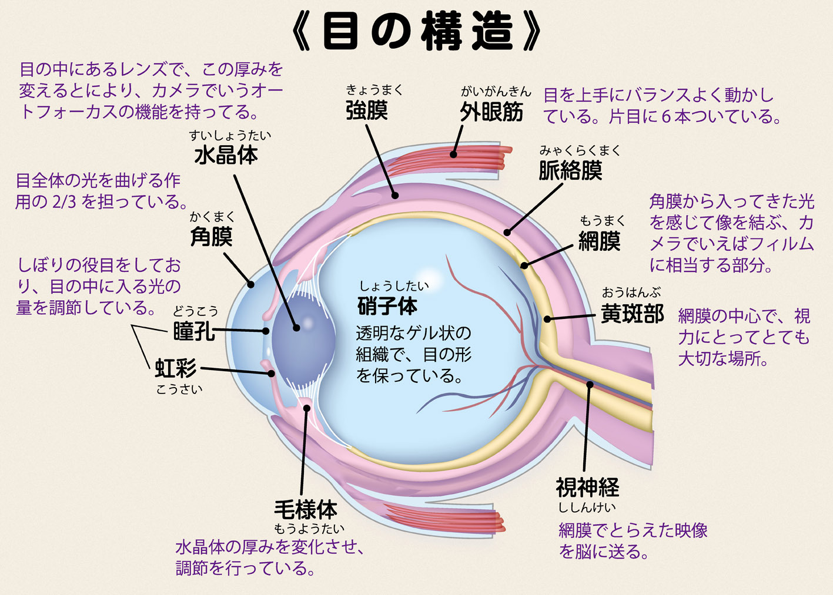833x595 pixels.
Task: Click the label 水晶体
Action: point(226,155)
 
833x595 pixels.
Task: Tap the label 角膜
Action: point(211,237)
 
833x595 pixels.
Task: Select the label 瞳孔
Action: point(193,331)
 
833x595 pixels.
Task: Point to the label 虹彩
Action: point(175,368)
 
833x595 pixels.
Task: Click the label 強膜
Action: point(366,110)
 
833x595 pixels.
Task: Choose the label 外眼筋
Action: point(491,112)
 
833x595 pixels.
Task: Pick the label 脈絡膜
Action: point(570,171)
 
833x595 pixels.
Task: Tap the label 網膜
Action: point(599,241)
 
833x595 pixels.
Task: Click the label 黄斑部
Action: point(632,314)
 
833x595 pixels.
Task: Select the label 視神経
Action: point(587,487)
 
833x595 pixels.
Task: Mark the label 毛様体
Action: point(306,509)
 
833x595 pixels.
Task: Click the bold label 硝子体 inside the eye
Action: point(387,306)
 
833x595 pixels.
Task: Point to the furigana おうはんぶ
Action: point(631,293)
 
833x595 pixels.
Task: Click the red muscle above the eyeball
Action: point(470,159)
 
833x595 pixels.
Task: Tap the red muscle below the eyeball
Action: point(447,517)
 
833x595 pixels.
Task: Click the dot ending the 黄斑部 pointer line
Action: point(547,320)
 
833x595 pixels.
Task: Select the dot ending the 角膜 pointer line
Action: point(251,285)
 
